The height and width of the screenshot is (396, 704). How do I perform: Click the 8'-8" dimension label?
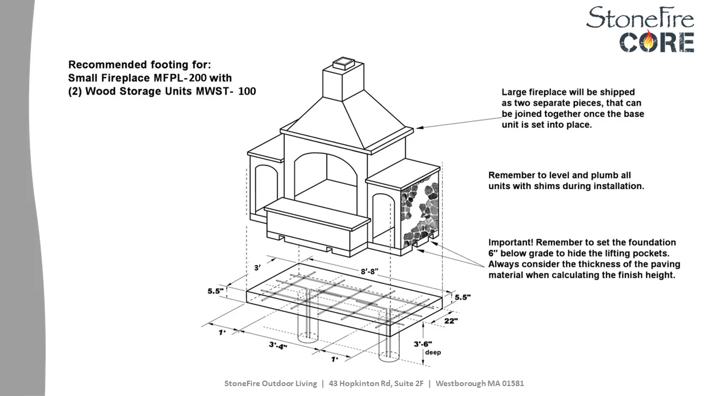click(x=369, y=271)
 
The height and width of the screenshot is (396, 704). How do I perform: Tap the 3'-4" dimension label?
click(x=278, y=346)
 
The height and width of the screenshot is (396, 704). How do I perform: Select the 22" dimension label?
click(x=451, y=321)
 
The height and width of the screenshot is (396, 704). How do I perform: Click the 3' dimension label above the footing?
click(x=258, y=268)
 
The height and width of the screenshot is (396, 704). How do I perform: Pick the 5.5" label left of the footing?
click(x=215, y=291)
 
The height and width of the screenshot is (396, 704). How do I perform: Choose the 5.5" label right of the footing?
click(x=463, y=298)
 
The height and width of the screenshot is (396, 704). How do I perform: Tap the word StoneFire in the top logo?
click(x=640, y=18)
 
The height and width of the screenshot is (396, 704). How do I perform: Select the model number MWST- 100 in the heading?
click(x=226, y=91)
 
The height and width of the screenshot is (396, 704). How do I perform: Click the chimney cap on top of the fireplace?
click(x=344, y=63)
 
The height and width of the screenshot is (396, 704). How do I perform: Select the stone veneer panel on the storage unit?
click(x=420, y=211)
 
